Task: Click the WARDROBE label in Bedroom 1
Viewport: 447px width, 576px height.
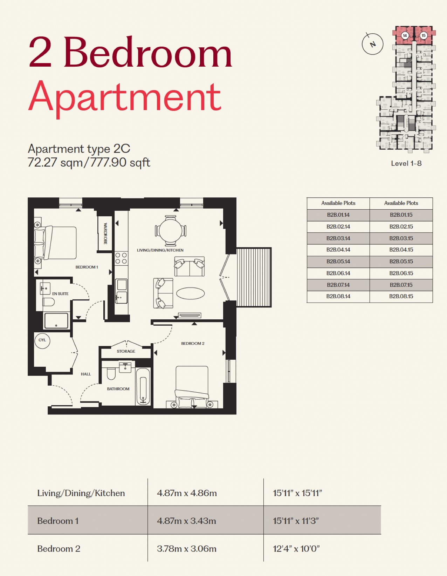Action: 105,233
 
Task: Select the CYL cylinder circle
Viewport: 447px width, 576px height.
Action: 42,341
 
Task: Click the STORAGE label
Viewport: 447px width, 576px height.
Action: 126,351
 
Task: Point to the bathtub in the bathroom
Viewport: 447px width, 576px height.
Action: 143,387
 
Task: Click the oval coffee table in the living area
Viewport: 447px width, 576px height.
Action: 191,293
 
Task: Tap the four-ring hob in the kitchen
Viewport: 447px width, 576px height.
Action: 121,258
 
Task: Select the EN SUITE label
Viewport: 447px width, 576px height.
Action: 60,294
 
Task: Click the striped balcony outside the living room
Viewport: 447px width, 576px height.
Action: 254,277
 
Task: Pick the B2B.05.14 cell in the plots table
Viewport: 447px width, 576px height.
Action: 338,262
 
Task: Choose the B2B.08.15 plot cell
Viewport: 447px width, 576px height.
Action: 401,296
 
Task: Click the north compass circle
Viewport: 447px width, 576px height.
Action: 373,44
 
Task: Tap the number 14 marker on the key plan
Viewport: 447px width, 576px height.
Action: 405,35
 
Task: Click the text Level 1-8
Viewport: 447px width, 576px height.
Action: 406,163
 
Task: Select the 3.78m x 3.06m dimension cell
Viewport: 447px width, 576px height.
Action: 187,549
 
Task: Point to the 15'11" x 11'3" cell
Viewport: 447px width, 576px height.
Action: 296,521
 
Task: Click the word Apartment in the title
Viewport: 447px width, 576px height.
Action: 124,97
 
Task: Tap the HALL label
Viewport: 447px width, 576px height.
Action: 86,374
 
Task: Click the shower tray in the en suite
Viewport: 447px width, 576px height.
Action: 56,321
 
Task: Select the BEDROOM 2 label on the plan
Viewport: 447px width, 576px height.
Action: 193,344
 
